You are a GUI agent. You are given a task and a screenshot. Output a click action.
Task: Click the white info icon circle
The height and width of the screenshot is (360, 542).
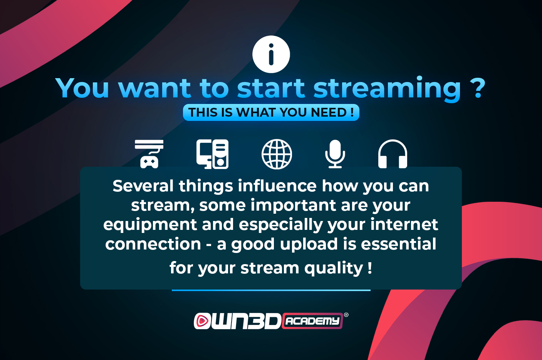pos(271,54)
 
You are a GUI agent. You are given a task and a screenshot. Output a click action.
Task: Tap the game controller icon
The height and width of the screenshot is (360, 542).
pos(149,154)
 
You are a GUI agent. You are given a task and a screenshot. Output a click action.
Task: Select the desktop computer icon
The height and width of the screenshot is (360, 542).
pos(212,154)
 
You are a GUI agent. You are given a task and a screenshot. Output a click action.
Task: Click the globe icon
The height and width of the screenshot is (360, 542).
pos(277,154)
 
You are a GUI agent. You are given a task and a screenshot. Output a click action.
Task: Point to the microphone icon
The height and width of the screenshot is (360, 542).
pos(335,154)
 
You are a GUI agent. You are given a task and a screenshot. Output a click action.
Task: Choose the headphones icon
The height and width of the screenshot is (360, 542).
pos(393,154)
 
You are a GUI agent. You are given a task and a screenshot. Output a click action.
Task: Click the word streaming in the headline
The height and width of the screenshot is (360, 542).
pos(387,89)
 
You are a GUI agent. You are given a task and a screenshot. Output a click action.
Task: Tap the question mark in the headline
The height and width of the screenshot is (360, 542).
pos(478,88)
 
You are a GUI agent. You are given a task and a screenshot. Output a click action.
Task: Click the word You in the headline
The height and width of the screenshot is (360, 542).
pos(82,88)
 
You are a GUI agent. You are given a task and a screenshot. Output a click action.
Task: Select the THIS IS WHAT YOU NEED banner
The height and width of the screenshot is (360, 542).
pos(271,112)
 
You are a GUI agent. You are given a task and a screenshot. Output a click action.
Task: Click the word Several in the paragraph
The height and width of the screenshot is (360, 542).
pos(143,186)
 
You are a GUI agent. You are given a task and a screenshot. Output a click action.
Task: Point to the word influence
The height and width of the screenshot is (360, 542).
pos(277,186)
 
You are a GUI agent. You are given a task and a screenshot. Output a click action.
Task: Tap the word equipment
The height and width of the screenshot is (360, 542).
pos(150,225)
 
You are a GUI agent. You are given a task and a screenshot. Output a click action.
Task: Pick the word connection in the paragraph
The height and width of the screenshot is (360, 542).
pos(153,244)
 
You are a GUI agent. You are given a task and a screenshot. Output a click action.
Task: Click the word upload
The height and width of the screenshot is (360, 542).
pos(309,244)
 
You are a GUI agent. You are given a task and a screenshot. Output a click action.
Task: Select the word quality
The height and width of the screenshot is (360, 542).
pos(334,269)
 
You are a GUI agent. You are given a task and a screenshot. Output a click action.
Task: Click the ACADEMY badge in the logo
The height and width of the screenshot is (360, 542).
pos(312,321)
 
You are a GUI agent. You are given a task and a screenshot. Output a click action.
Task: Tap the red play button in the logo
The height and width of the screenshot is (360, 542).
pos(202,321)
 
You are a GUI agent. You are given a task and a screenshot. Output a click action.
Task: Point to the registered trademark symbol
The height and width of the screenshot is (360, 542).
pos(346,315)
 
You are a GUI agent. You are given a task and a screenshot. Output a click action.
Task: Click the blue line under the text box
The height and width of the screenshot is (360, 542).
pos(271,290)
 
